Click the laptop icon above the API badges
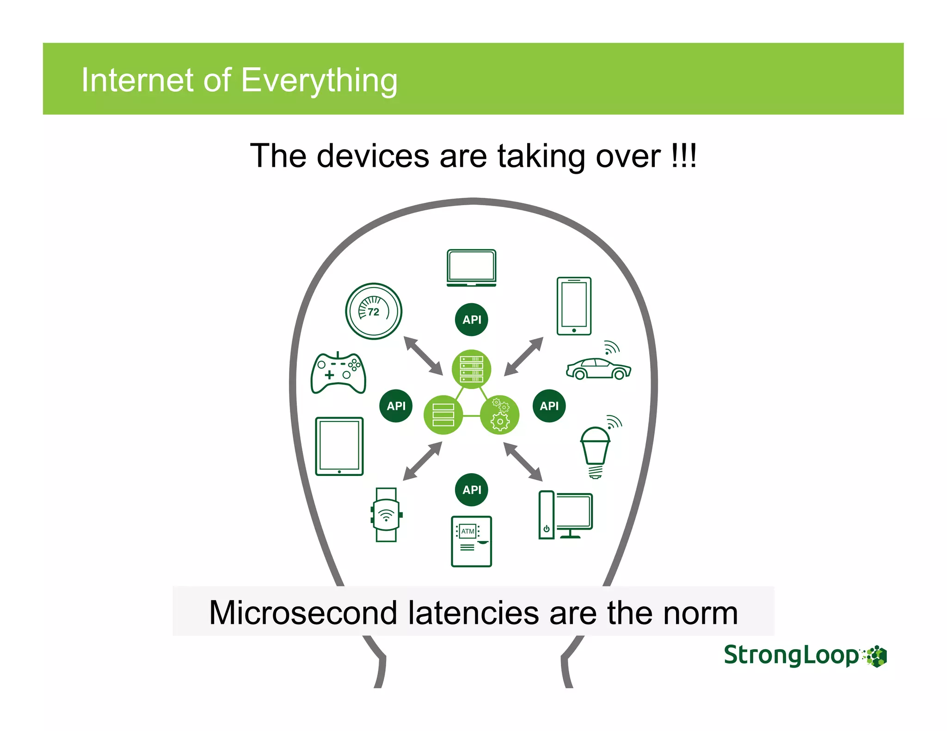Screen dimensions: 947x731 (471, 268)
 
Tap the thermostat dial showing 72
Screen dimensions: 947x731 (374, 311)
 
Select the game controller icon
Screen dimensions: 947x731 (338, 373)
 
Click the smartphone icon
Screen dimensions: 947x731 (574, 306)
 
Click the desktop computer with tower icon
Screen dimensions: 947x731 (566, 515)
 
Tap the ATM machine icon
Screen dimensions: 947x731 (471, 541)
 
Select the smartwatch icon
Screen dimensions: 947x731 (386, 514)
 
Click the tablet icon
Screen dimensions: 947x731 (339, 446)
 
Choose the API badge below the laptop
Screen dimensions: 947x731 (472, 319)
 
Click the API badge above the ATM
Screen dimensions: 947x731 (472, 490)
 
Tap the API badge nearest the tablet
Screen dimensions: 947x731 (396, 406)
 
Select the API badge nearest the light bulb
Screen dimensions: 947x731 (549, 406)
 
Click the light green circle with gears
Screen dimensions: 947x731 (500, 414)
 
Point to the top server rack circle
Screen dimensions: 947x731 (472, 369)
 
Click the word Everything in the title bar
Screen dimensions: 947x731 (319, 80)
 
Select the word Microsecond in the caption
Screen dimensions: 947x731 (303, 613)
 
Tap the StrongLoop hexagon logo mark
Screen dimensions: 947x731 (875, 656)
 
